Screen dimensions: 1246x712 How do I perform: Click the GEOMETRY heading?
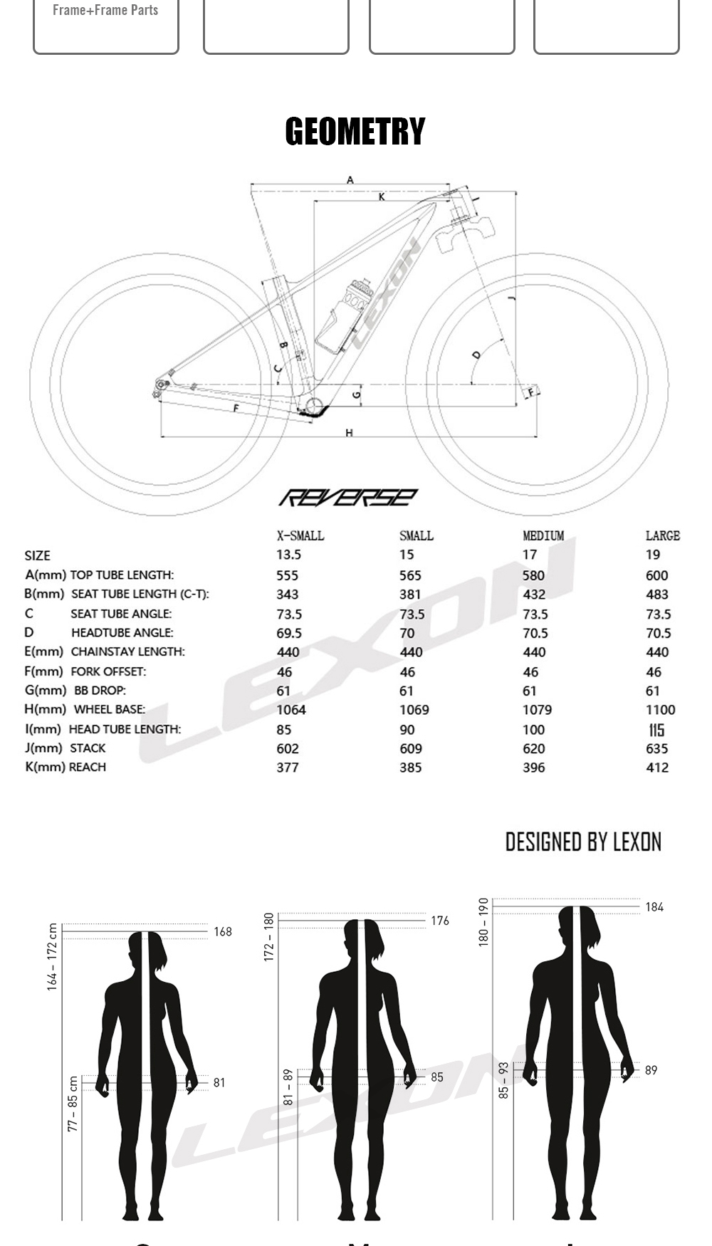pyautogui.click(x=355, y=132)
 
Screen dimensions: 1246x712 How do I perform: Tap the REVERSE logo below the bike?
pyautogui.click(x=347, y=497)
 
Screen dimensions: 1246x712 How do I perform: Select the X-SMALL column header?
pyautogui.click(x=300, y=535)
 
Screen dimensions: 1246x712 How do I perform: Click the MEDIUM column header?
pyautogui.click(x=543, y=535)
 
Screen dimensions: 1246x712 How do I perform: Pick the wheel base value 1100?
pyautogui.click(x=660, y=710)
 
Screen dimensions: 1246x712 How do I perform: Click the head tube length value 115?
pyautogui.click(x=656, y=730)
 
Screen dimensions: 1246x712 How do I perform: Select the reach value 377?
pyautogui.click(x=288, y=768)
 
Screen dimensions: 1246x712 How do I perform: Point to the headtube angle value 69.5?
pyautogui.click(x=289, y=633)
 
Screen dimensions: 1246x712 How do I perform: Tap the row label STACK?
pyautogui.click(x=88, y=748)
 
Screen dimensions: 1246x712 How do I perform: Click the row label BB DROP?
pyautogui.click(x=100, y=691)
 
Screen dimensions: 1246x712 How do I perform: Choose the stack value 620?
pyautogui.click(x=533, y=749)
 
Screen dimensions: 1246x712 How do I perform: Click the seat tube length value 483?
pyautogui.click(x=656, y=595)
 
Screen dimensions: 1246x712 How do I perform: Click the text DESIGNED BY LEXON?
pyautogui.click(x=583, y=842)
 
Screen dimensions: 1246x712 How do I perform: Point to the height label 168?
pyautogui.click(x=223, y=932)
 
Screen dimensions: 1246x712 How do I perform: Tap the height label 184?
pyautogui.click(x=654, y=907)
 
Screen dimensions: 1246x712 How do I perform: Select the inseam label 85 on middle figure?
pyautogui.click(x=436, y=1077)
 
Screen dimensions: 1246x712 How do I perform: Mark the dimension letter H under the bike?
pyautogui.click(x=349, y=433)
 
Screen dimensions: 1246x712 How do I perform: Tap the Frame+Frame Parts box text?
pyautogui.click(x=105, y=11)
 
